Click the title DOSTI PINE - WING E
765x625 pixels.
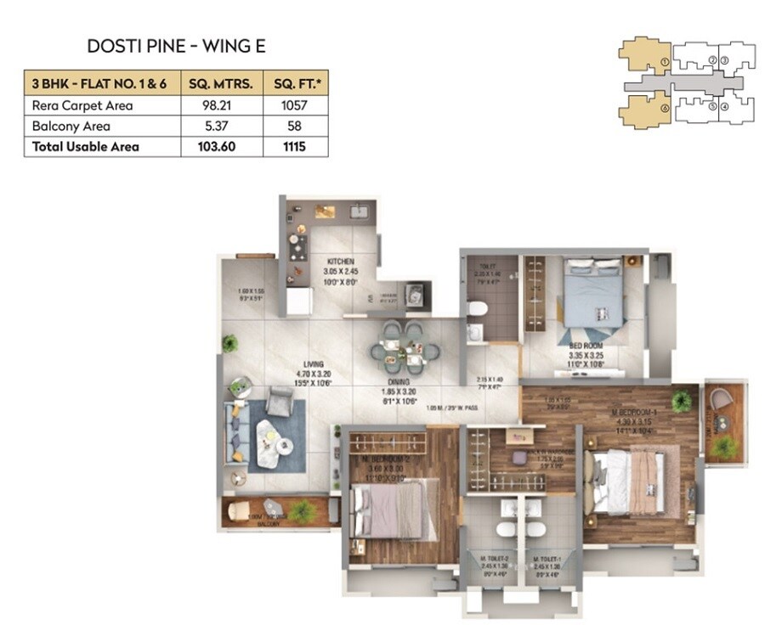[176, 46]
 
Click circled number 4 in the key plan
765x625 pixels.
[725, 107]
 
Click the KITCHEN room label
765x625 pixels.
[337, 262]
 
